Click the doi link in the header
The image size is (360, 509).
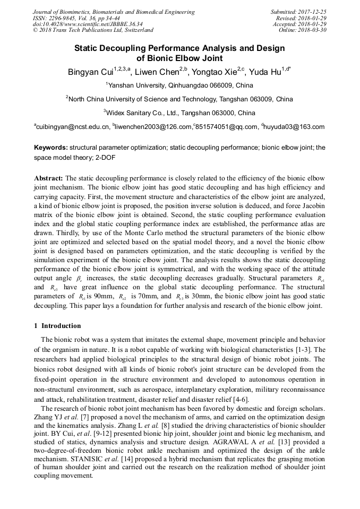pos(88,24)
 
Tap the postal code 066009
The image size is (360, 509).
pos(208,85)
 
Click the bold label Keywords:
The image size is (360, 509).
pos(51,149)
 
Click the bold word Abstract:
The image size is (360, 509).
pos(48,178)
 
